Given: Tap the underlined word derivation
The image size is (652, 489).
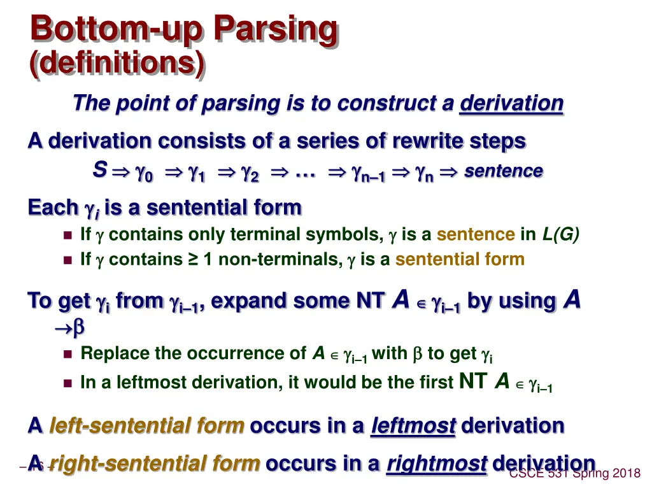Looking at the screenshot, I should (511, 103).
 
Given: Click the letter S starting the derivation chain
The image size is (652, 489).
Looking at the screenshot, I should (99, 170).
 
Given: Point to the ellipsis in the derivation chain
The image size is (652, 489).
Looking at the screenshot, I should (308, 173).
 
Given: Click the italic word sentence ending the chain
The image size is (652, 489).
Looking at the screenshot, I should (503, 171).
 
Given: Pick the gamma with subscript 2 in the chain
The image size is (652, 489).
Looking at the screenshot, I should (249, 173).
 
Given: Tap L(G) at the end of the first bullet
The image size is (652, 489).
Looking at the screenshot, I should (560, 235).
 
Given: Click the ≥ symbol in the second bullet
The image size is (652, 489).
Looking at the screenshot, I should (193, 260).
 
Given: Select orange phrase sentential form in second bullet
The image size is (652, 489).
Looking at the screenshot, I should (460, 260).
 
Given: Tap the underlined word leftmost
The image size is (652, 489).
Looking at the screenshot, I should (413, 425).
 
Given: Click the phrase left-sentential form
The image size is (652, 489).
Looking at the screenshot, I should (147, 425).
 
